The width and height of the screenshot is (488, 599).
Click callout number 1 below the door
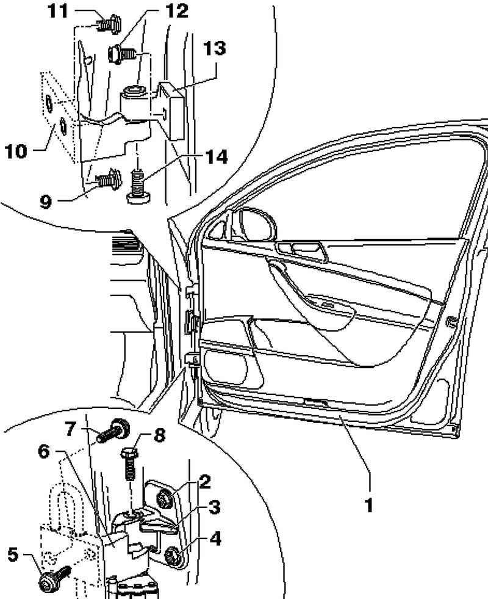(x=368, y=506)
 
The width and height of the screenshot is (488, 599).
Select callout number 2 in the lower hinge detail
(x=204, y=482)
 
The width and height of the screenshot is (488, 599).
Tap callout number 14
(x=217, y=157)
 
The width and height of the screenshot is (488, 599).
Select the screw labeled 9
(x=107, y=179)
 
